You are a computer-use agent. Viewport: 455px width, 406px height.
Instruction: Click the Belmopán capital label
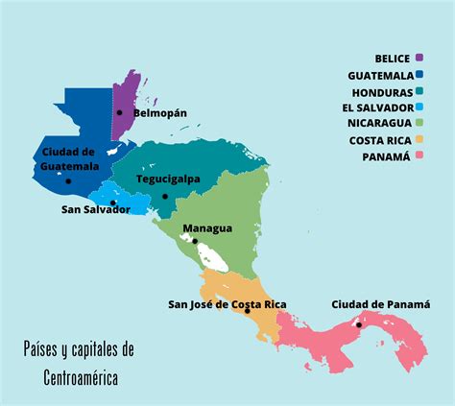[159, 113]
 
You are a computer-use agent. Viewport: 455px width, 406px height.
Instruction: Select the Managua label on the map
[207, 228]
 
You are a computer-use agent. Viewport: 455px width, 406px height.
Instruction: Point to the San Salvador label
[95, 209]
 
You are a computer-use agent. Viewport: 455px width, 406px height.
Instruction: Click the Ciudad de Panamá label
[381, 304]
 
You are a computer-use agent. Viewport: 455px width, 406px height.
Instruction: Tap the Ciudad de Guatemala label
[69, 159]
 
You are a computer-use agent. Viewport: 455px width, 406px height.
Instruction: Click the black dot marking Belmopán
[120, 112]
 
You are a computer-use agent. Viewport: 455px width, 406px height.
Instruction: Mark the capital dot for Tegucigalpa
[165, 197]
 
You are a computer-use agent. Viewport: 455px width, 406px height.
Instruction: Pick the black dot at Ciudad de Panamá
[358, 324]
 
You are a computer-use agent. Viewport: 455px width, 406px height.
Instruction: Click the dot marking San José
[248, 310]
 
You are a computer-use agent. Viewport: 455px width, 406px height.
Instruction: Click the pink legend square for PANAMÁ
[419, 155]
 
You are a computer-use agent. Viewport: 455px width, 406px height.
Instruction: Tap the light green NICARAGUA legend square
[419, 124]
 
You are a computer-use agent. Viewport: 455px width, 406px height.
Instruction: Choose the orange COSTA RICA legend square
[419, 140]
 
